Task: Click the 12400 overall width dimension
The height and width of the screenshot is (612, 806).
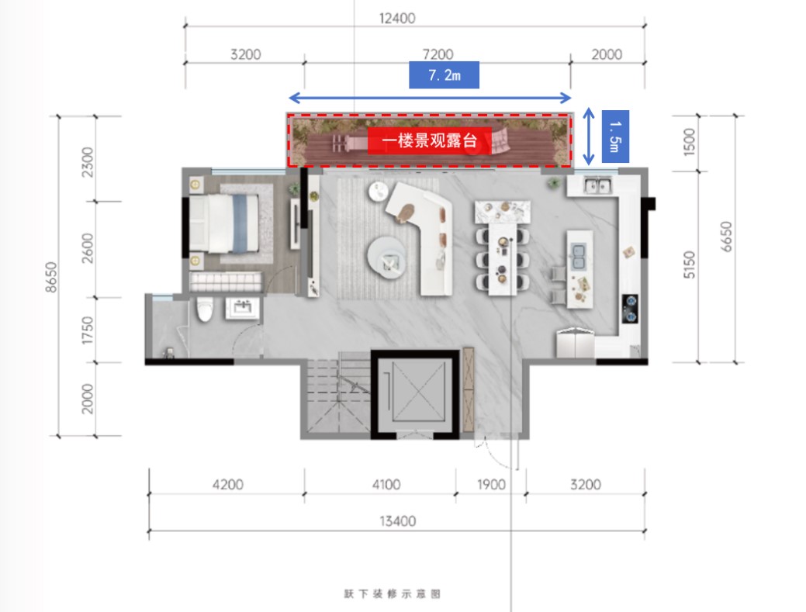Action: (x=397, y=19)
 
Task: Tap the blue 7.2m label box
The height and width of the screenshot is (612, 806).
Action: (x=445, y=75)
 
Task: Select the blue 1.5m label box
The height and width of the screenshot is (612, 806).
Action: (x=615, y=137)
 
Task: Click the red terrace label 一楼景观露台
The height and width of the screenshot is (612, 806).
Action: (x=430, y=140)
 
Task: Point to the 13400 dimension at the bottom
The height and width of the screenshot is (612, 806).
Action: (x=397, y=521)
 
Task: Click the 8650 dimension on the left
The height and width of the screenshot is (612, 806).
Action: (x=51, y=277)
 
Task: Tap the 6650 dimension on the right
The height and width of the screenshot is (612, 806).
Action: (x=726, y=237)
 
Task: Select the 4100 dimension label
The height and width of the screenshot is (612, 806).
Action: (x=386, y=485)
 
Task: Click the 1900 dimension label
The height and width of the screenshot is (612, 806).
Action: (x=491, y=485)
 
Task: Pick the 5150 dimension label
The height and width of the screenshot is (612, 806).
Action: (x=689, y=265)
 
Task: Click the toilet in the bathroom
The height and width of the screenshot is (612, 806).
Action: (x=205, y=309)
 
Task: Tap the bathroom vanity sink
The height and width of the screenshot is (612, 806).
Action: (x=242, y=308)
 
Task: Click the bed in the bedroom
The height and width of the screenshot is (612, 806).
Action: (x=225, y=223)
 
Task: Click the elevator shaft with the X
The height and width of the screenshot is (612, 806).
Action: (x=415, y=393)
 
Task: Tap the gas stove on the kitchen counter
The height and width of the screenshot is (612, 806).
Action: (x=630, y=308)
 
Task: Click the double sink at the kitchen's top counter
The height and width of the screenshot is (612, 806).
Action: (x=597, y=185)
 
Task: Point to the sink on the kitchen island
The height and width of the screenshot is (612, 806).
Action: (x=579, y=257)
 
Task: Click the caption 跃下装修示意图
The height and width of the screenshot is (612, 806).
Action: (x=393, y=594)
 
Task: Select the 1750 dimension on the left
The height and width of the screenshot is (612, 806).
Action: (x=88, y=330)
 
